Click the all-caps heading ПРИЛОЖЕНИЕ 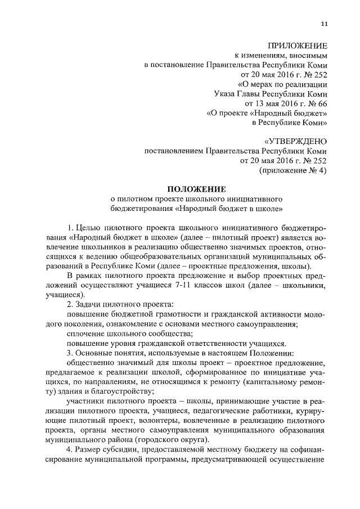(x=297, y=45)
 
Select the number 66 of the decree (x=321, y=103)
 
